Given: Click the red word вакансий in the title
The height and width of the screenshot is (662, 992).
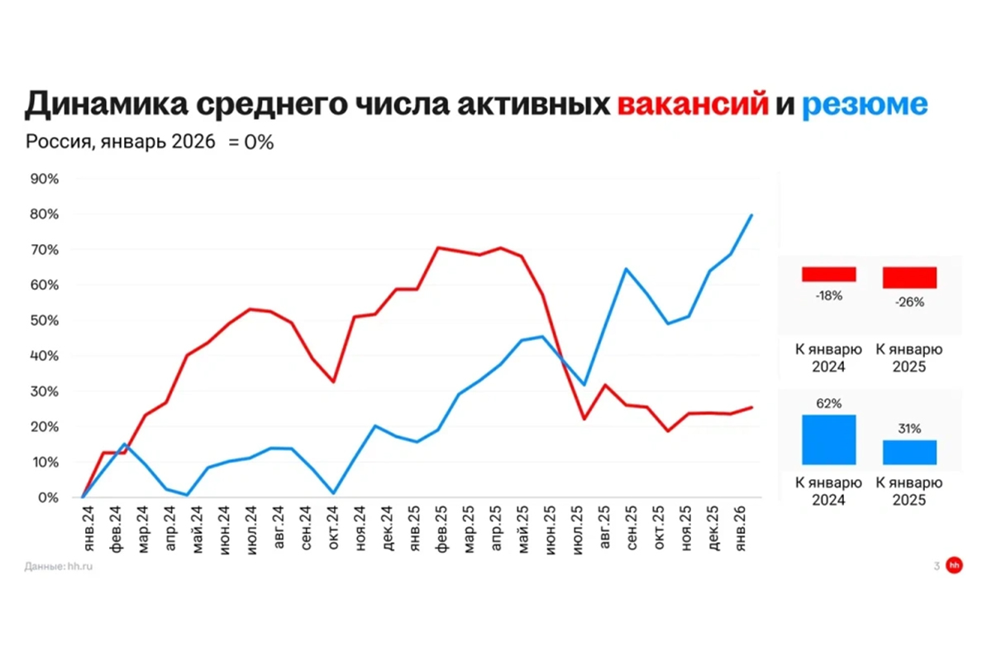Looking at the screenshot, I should [x=693, y=105].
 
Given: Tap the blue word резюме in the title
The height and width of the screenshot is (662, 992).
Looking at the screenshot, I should [x=865, y=105].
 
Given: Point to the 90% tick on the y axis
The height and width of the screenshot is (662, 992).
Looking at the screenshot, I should [x=45, y=179].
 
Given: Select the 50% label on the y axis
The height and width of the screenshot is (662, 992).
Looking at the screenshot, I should [x=45, y=320].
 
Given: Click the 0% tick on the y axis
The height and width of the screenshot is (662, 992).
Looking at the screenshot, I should [x=48, y=498].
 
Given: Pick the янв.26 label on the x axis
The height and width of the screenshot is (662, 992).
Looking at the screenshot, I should [x=742, y=530].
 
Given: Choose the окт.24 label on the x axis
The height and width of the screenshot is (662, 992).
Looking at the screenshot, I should [x=333, y=530].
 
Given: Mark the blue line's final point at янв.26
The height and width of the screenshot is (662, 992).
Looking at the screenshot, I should [x=751, y=215].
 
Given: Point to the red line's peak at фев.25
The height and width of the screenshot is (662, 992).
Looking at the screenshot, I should [x=437, y=247].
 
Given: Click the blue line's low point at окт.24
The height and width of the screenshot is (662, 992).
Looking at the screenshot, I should [x=333, y=493].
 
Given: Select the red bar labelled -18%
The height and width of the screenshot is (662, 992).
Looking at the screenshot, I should [x=828, y=274].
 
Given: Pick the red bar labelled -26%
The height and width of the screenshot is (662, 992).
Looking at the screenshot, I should [x=909, y=277].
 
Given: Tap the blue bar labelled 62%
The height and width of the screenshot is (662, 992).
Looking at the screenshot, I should [x=828, y=439].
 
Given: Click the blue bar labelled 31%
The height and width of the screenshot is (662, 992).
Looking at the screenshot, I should [x=909, y=452].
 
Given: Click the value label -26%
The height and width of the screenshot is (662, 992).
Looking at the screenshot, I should [x=909, y=302].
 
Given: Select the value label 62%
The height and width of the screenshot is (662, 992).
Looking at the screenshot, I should [x=828, y=404].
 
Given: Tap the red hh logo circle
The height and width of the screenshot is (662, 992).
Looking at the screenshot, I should [x=955, y=566].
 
